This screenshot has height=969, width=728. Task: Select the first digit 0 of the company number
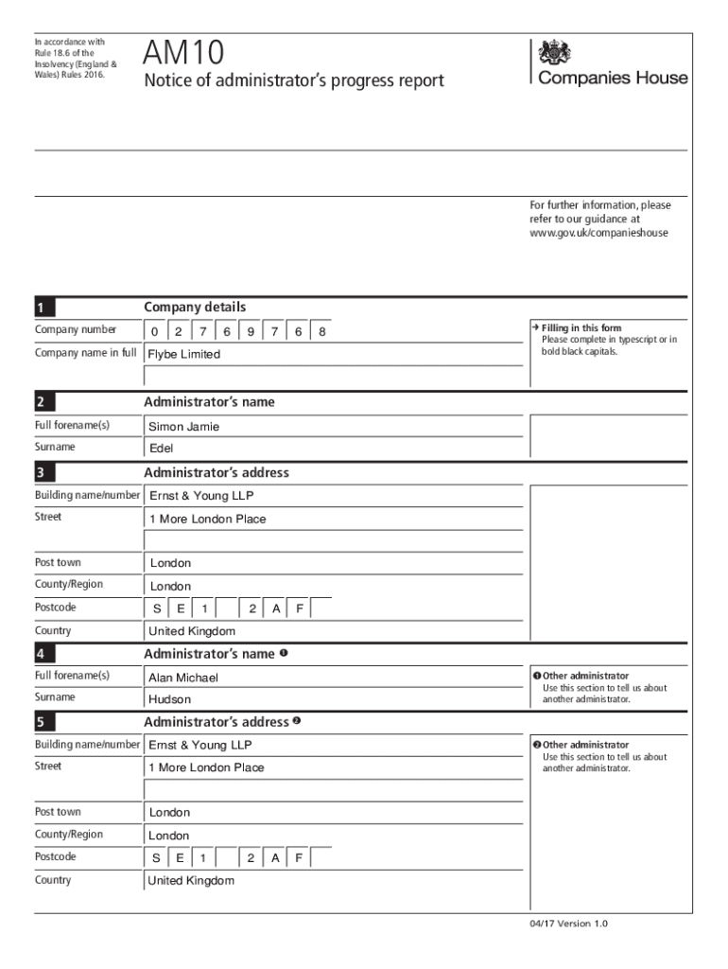tap(155, 331)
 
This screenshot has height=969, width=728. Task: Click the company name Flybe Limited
tap(183, 354)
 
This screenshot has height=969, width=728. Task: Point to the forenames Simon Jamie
tap(183, 427)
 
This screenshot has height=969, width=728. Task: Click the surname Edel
tap(161, 449)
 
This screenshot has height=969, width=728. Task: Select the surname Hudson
tap(169, 699)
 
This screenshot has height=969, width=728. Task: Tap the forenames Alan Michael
tap(182, 678)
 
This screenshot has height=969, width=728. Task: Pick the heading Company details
tap(195, 307)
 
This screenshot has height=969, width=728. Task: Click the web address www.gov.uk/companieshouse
tap(598, 232)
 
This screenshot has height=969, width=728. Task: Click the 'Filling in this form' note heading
tap(581, 328)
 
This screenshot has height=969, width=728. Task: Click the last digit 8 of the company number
tap(322, 331)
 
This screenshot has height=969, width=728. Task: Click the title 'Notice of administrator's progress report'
tap(293, 81)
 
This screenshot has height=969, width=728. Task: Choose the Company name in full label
tap(86, 353)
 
